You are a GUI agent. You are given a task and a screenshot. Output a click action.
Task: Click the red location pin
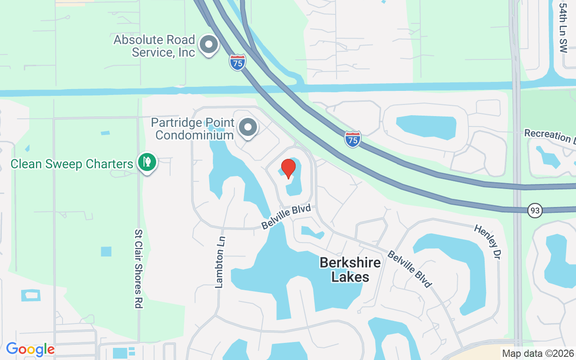pos(288,169)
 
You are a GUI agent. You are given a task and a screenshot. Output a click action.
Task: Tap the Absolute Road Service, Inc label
pos(154,46)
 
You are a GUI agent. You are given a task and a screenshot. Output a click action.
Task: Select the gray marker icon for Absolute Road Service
pos(208,45)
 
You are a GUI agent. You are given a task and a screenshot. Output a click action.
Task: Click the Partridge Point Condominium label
pos(193,129)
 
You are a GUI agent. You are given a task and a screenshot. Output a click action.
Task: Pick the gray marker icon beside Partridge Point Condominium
pos(247,127)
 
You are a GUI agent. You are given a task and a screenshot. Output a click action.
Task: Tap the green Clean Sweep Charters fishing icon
pos(147,162)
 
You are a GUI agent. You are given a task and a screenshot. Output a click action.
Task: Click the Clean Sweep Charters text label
pos(72,164)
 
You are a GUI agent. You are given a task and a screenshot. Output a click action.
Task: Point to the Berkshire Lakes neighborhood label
pos(350,270)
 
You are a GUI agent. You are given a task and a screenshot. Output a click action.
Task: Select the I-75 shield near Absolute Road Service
pos(237,63)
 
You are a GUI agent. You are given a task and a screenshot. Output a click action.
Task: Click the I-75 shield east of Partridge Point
pos(353,139)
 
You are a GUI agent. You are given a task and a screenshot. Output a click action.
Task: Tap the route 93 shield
pos(535,210)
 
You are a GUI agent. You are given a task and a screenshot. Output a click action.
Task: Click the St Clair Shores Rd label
pos(138,269)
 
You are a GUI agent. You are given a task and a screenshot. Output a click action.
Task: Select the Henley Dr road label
pos(487,242)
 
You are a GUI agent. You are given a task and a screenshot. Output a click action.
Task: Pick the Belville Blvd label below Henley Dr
pos(410,269)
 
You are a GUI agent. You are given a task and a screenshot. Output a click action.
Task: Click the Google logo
pos(30,349)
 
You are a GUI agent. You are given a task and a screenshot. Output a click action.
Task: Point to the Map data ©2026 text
pos(538,353)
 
